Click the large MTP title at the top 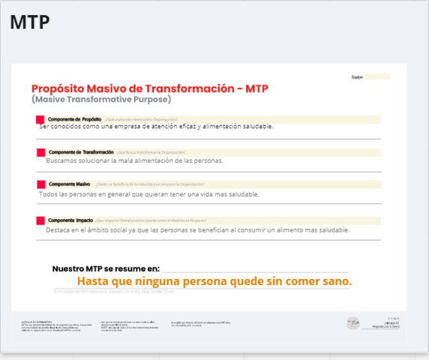click(30, 22)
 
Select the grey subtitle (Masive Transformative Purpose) click(101, 99)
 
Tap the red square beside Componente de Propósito click(40, 119)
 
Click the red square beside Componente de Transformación click(40, 152)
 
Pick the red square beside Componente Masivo click(40, 184)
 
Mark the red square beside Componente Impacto click(40, 220)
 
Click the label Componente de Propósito click(74, 118)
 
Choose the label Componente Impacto click(70, 220)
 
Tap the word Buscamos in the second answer click(62, 160)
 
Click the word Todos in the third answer click(49, 194)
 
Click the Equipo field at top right click(377, 76)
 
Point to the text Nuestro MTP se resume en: click(106, 268)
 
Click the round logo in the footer click(353, 322)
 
